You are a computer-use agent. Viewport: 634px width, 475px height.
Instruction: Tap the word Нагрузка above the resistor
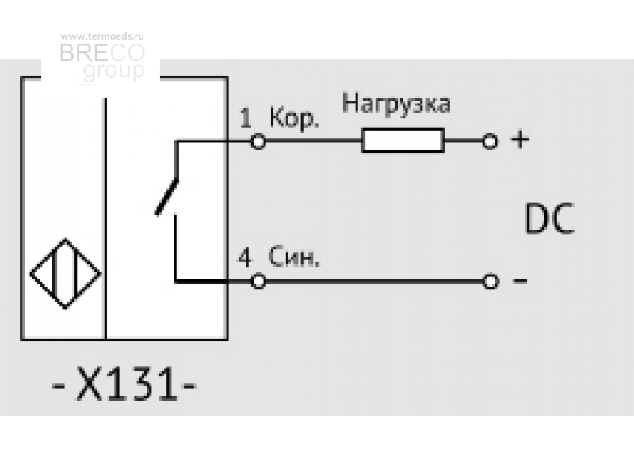point(395,104)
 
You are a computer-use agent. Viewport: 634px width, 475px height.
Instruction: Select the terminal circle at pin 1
point(258,142)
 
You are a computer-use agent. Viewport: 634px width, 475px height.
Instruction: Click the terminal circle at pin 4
point(258,281)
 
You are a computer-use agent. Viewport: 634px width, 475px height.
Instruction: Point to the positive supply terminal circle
point(490,142)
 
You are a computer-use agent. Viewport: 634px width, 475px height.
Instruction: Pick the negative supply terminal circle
point(491,281)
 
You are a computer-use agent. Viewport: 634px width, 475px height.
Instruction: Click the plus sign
point(520,140)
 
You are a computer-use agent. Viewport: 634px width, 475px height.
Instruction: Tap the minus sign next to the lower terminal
point(520,280)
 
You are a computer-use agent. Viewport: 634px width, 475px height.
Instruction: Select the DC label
point(549,218)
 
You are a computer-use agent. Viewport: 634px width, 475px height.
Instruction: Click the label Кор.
point(294,118)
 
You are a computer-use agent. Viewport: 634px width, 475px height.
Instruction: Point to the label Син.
point(293,256)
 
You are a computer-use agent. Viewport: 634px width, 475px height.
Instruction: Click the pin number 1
point(246,118)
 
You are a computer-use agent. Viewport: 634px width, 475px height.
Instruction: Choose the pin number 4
point(245,257)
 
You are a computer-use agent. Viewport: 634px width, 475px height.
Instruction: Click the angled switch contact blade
point(167,196)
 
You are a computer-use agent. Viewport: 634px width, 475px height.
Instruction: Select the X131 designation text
point(124,383)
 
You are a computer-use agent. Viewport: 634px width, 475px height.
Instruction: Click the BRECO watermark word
point(102,52)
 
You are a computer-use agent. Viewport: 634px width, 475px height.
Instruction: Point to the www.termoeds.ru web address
point(102,36)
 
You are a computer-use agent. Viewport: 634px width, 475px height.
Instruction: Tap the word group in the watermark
point(113,71)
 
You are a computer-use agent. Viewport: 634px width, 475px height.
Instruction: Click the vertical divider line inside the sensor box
point(105,218)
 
